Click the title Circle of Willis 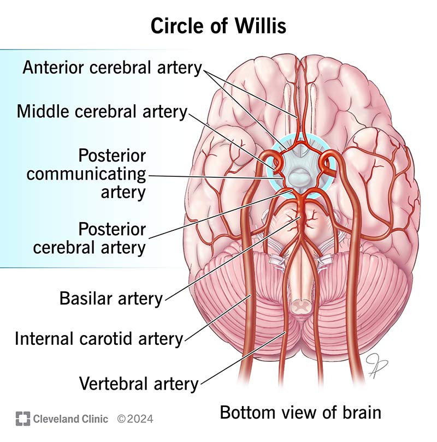tap(218, 26)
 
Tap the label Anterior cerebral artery tap(112, 68)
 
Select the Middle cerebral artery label tap(102, 111)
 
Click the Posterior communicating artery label tap(87, 174)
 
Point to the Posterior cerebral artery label tap(90, 237)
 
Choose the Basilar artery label tap(111, 298)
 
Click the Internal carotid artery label tap(99, 338)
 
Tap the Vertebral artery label tap(139, 383)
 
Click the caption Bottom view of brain tap(300, 412)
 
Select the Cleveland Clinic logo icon tap(23, 419)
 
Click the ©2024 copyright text tap(135, 419)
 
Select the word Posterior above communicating tap(112, 156)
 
